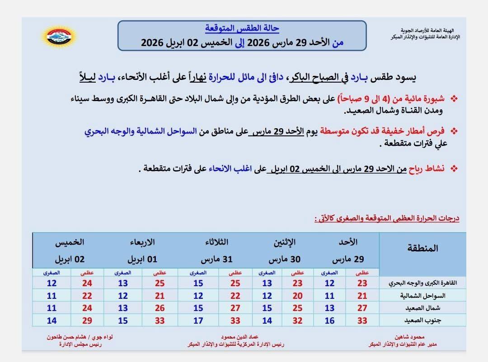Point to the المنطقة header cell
pyautogui.click(x=422, y=248)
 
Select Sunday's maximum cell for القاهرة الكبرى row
pyautogui.click(x=362, y=283)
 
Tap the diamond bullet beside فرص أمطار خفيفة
pyautogui.click(x=454, y=131)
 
